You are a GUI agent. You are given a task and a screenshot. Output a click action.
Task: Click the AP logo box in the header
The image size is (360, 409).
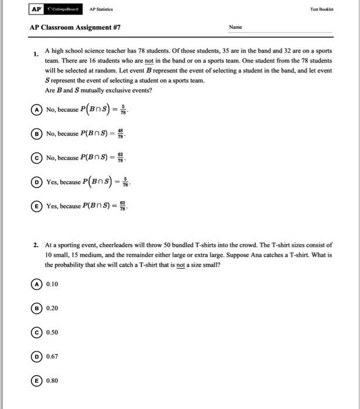(x=36, y=9)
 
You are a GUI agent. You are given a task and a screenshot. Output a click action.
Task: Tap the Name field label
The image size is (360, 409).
(x=236, y=27)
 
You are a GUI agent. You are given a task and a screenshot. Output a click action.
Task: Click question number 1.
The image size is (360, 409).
(x=36, y=54)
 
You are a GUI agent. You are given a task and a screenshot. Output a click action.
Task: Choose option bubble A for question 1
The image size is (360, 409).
(x=37, y=109)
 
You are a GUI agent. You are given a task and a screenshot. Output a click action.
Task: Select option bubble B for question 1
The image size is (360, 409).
(x=37, y=133)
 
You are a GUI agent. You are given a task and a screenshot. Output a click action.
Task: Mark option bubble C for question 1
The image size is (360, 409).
(x=37, y=158)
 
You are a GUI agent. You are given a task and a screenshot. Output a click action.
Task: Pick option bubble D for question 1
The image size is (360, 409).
(x=37, y=182)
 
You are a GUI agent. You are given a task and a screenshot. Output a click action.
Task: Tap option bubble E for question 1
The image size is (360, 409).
(x=37, y=206)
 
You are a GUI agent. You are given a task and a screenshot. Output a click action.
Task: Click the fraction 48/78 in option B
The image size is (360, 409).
(x=121, y=134)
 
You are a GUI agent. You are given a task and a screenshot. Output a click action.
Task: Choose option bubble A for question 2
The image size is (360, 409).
(x=37, y=284)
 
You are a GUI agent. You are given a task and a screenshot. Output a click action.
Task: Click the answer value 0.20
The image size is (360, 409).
(x=52, y=308)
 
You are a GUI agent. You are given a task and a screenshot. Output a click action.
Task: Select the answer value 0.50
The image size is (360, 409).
(x=52, y=332)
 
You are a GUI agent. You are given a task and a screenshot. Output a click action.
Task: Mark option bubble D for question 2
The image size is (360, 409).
(x=37, y=356)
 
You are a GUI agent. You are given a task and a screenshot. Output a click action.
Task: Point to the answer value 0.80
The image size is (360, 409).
(x=52, y=380)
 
